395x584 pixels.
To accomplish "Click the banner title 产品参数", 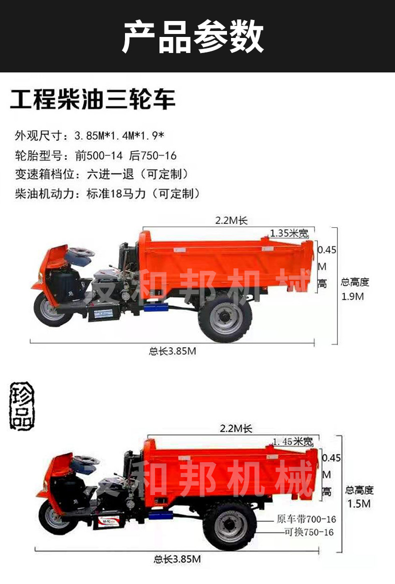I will [193, 37].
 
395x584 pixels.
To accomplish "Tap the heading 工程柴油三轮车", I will [93, 99].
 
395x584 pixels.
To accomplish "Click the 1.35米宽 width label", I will [289, 233].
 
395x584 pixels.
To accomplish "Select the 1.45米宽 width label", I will [293, 442].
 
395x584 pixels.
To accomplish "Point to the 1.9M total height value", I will [353, 296].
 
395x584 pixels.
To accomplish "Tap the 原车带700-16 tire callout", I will [306, 520].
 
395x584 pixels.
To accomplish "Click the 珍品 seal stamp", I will [22, 406].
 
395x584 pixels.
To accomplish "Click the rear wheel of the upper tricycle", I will [224, 318].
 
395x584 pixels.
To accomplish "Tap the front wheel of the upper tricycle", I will [49, 310].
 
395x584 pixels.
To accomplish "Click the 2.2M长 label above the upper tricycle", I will [231, 220].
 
